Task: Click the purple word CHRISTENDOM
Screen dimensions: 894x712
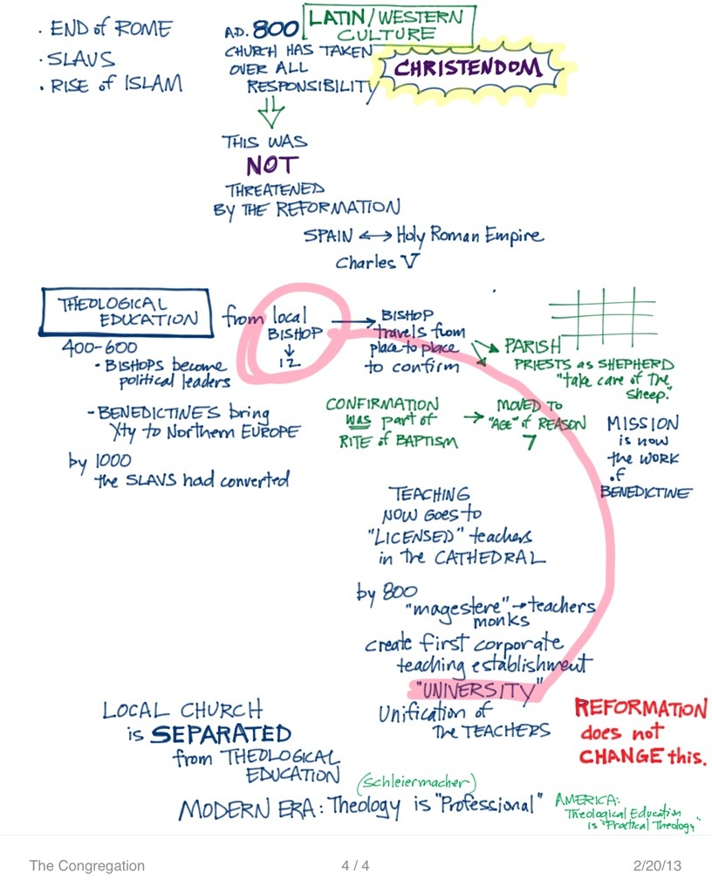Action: point(469,70)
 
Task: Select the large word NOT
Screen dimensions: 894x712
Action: point(271,164)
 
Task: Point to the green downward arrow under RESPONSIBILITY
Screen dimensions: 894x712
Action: point(271,111)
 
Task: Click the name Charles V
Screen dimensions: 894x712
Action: point(366,262)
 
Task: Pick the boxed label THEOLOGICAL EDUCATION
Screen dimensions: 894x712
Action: point(127,312)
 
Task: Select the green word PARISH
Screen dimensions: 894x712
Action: point(531,347)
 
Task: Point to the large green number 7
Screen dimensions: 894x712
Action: point(528,441)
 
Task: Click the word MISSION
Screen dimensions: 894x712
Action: point(643,423)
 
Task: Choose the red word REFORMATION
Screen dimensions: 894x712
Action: point(640,709)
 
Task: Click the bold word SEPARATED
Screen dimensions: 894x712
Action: point(221,733)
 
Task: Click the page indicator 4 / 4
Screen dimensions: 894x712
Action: point(355,866)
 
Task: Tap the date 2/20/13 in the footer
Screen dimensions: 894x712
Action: point(656,866)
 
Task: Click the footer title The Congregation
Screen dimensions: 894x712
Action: point(86,866)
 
